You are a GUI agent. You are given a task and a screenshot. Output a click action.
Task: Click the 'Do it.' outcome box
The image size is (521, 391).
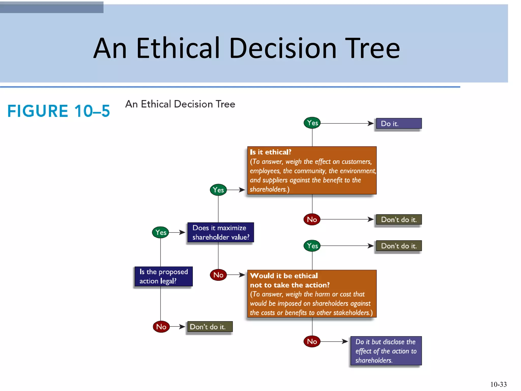(x=399, y=123)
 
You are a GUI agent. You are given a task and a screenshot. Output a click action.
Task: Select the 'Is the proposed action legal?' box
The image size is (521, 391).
(x=164, y=276)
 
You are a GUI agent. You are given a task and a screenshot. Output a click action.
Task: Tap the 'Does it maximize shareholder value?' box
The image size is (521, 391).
(x=221, y=232)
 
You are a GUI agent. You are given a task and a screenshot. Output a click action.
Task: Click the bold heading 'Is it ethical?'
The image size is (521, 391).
(x=270, y=152)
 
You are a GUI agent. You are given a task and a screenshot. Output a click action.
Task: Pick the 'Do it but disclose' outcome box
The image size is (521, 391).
(x=386, y=351)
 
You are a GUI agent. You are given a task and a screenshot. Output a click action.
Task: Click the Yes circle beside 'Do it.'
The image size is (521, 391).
(x=312, y=123)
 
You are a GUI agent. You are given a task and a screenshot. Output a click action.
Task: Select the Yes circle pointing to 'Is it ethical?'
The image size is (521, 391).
(x=218, y=190)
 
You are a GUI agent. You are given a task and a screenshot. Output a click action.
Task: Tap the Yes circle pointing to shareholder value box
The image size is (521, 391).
(x=161, y=232)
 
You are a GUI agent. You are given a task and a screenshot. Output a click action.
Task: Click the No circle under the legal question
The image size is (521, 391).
(x=161, y=327)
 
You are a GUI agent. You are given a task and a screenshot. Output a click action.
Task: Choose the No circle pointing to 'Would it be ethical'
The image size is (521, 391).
(x=218, y=275)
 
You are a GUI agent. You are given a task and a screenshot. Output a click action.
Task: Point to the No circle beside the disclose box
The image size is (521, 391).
(x=312, y=341)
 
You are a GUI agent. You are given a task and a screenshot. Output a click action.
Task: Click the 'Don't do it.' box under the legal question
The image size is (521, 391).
(x=210, y=327)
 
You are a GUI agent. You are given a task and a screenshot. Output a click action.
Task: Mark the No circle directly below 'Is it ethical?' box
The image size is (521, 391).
(x=312, y=219)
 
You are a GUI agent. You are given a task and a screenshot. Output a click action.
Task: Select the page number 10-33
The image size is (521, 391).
(x=498, y=384)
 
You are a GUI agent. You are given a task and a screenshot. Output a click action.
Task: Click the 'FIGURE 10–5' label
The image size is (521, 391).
(x=59, y=111)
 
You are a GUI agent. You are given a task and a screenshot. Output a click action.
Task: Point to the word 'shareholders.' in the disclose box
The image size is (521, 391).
(x=374, y=360)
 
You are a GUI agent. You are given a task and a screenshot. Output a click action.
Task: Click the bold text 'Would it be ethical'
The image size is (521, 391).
(x=284, y=276)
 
